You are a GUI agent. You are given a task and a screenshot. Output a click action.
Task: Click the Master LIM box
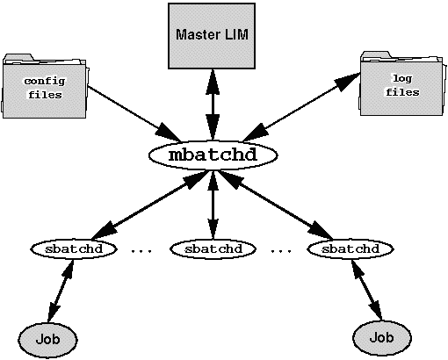tap(212, 36)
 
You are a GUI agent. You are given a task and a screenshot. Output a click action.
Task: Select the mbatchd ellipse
tap(213, 155)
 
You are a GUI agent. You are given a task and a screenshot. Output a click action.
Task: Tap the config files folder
tap(45, 86)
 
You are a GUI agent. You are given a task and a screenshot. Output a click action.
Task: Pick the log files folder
tap(401, 83)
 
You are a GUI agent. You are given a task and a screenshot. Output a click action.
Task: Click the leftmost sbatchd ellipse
tap(74, 249)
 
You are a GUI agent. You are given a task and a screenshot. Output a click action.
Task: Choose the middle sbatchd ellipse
tap(213, 249)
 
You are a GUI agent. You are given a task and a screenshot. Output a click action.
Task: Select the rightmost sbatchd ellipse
tap(350, 249)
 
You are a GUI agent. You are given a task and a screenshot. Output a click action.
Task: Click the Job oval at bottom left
tap(47, 340)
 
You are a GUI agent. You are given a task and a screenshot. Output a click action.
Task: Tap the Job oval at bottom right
tap(382, 338)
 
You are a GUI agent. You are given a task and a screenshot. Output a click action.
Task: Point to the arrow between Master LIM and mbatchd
tap(213, 104)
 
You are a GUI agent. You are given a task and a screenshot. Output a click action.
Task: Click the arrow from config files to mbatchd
tap(134, 113)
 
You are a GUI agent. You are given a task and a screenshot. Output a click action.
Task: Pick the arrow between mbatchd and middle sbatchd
tap(213, 205)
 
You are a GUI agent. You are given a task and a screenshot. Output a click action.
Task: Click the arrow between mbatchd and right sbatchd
tap(275, 205)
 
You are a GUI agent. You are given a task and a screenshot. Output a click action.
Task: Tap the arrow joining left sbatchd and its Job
tap(61, 291)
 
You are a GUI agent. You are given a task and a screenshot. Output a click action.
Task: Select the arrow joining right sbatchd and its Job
tap(367, 290)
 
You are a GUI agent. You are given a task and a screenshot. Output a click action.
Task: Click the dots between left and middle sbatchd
tap(141, 251)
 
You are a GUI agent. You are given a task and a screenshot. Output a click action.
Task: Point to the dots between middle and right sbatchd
tap(281, 251)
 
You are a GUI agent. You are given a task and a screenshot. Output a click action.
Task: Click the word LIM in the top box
tap(236, 34)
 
